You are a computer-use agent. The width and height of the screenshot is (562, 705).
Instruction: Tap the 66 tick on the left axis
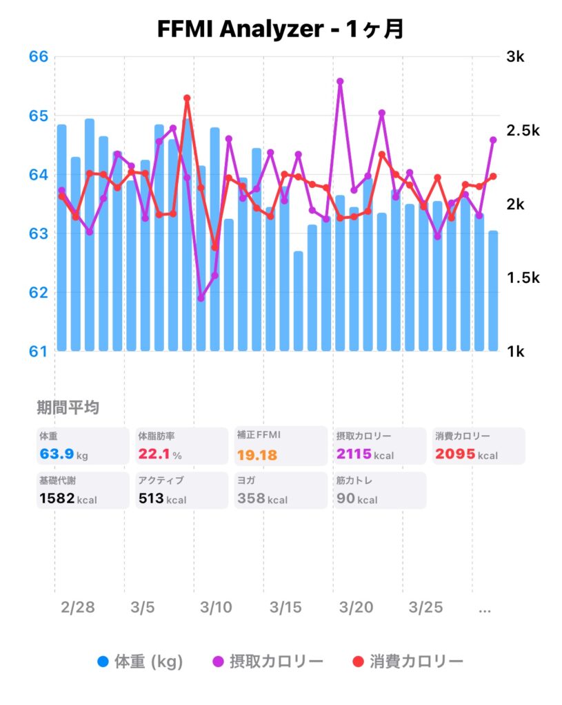(x=39, y=56)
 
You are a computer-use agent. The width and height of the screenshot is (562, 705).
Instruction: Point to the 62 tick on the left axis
(x=39, y=292)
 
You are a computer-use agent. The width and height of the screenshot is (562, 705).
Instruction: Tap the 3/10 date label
(x=216, y=608)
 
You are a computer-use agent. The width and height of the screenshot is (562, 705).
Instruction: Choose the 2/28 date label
(x=78, y=608)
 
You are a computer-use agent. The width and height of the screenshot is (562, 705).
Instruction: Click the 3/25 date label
(x=425, y=608)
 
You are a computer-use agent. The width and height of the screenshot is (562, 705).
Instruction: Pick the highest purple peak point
(x=340, y=81)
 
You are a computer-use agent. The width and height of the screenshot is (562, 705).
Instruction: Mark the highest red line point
(x=187, y=98)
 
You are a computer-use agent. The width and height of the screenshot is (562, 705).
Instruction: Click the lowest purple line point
(x=201, y=298)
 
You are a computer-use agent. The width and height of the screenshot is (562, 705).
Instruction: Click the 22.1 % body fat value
(x=154, y=454)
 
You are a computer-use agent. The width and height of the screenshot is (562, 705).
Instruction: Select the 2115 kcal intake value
(x=354, y=454)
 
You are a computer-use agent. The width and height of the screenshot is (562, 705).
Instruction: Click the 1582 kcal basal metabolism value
(x=57, y=498)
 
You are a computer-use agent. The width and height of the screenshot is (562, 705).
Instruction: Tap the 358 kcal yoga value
(x=252, y=498)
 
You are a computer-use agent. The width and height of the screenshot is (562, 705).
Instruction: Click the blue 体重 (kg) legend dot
(x=103, y=662)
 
